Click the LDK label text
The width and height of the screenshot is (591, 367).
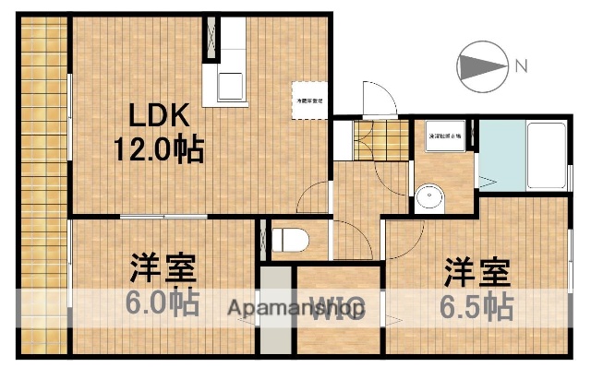pyautogui.click(x=158, y=118)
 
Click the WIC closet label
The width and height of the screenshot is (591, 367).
pyautogui.click(x=339, y=309)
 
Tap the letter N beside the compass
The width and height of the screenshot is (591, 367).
pyautogui.click(x=521, y=65)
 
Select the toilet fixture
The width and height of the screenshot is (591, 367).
pyautogui.click(x=289, y=239)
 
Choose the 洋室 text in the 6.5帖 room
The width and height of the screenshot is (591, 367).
pyautogui.click(x=477, y=271)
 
